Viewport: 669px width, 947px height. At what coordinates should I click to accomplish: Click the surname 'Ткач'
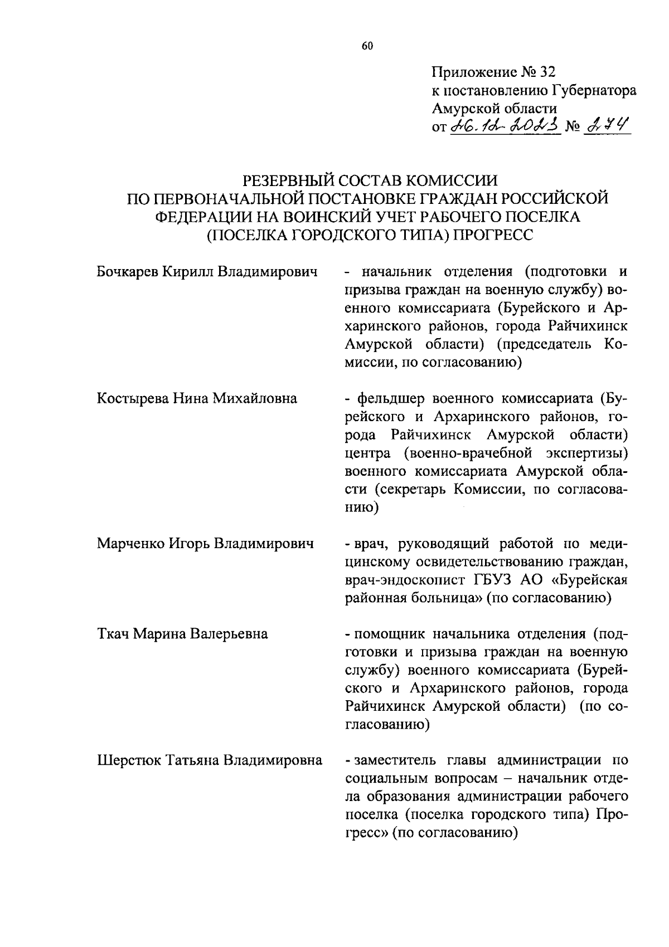coord(113,634)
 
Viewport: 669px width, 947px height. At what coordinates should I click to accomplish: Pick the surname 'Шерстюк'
coord(129,760)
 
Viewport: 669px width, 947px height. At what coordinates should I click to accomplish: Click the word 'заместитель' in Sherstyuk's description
coord(392,760)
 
